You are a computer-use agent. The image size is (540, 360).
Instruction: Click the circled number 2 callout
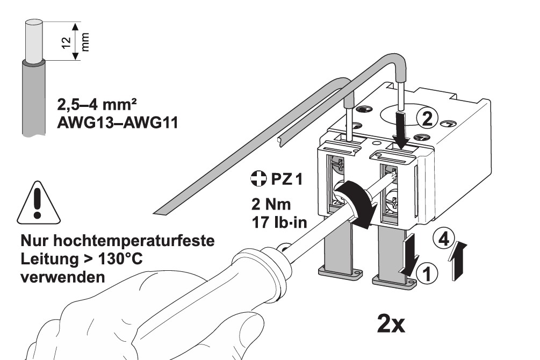427,119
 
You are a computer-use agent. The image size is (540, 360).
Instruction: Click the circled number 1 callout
427,275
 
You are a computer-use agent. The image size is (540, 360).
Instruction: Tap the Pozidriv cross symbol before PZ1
258,178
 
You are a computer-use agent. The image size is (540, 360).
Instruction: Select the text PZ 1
287,179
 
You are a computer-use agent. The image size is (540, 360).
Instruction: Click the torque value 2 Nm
271,204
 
